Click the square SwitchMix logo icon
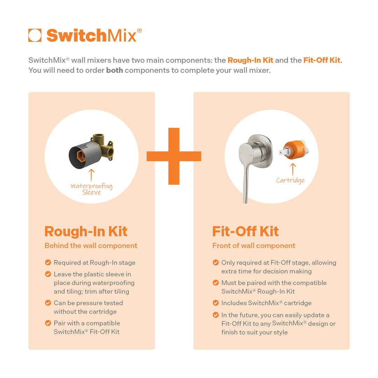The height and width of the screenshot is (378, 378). click(35, 35)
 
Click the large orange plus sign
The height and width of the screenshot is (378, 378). click(174, 156)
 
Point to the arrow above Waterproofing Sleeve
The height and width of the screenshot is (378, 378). click(91, 175)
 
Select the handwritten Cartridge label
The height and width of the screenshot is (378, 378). click(290, 181)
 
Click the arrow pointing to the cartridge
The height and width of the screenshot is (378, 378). click(293, 169)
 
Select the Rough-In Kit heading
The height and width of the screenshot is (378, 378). click(86, 231)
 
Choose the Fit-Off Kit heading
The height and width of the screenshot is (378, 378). click(245, 231)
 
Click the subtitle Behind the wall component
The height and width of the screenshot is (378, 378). click(91, 246)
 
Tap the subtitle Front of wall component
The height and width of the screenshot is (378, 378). click(254, 246)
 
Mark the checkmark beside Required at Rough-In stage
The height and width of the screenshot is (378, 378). click(48, 262)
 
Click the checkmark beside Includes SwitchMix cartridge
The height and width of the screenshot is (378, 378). click(216, 303)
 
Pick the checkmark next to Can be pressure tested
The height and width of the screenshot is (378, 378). click(48, 303)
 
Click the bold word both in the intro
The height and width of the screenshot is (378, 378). click(114, 70)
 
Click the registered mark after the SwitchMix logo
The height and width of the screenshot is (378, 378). click(139, 30)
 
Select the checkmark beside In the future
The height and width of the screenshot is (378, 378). click(216, 315)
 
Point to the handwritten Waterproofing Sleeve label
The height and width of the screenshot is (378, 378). click(91, 189)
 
